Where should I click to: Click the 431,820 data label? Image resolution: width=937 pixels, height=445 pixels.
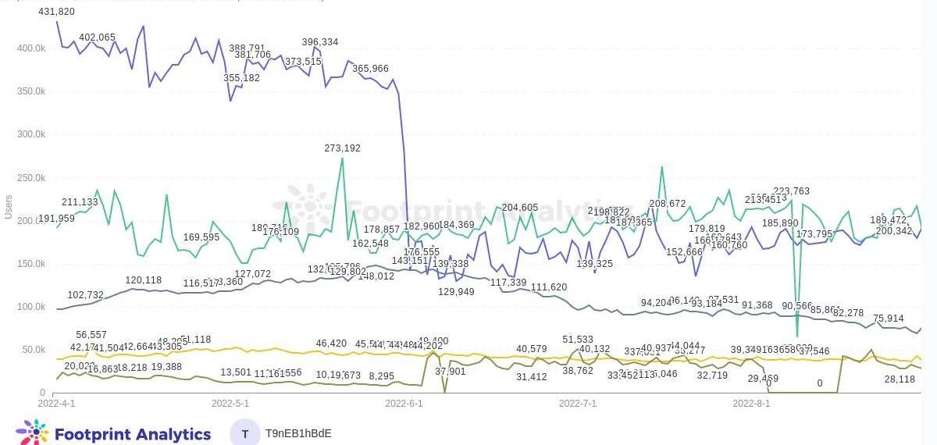pyautogui.click(x=56, y=12)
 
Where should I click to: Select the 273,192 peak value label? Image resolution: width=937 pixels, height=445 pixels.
pyautogui.click(x=343, y=148)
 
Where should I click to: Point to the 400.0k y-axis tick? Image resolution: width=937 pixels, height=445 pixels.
pyautogui.click(x=31, y=48)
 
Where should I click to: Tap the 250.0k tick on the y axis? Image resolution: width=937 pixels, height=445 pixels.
pyautogui.click(x=31, y=178)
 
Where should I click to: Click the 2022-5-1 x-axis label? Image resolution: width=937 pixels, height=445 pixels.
pyautogui.click(x=230, y=404)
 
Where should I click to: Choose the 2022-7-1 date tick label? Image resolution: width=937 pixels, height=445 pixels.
pyautogui.click(x=578, y=404)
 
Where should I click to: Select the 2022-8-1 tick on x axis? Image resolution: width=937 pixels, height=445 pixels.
pyautogui.click(x=751, y=404)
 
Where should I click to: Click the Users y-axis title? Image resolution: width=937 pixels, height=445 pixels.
pyautogui.click(x=9, y=207)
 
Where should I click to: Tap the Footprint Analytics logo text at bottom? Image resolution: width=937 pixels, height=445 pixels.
pyautogui.click(x=132, y=434)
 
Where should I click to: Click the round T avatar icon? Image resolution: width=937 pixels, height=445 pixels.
pyautogui.click(x=246, y=433)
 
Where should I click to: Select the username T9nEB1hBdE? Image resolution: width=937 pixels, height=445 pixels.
pyautogui.click(x=298, y=433)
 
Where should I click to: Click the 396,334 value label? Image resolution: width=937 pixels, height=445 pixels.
pyautogui.click(x=320, y=42)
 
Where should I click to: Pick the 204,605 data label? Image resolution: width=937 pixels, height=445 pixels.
pyautogui.click(x=520, y=208)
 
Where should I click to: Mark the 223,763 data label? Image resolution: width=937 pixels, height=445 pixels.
pyautogui.click(x=791, y=191)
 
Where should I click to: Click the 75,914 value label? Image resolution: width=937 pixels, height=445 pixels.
pyautogui.click(x=889, y=319)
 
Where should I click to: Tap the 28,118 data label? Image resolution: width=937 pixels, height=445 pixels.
pyautogui.click(x=900, y=379)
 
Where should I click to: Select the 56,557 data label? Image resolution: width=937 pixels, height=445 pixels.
pyautogui.click(x=91, y=335)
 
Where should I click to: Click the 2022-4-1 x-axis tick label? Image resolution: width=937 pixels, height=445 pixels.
pyautogui.click(x=57, y=404)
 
